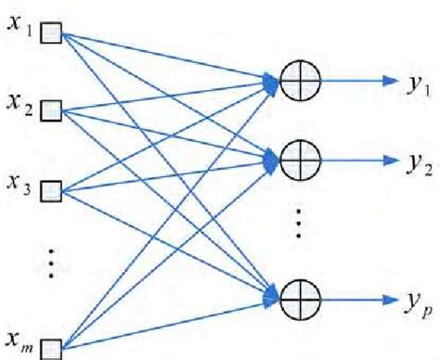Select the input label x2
click(20, 111)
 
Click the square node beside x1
click(50, 34)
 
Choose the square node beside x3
click(50, 192)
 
